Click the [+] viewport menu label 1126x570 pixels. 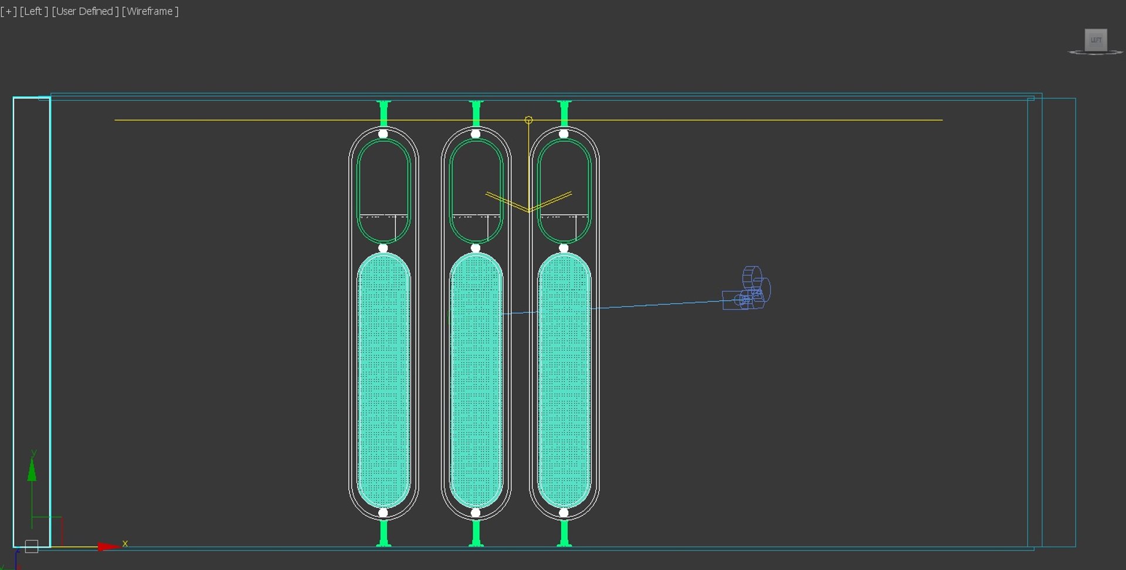click(x=9, y=12)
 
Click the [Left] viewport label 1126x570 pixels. click(x=33, y=12)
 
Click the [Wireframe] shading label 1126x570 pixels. click(x=150, y=12)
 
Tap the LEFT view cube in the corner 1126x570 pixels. click(x=1096, y=40)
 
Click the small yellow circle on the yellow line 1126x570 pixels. click(x=528, y=120)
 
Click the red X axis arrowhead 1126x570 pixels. click(x=108, y=547)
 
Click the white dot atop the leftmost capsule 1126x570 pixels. click(x=383, y=134)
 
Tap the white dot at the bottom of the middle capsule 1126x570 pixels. click(x=476, y=513)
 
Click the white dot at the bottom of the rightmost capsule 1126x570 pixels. click(x=564, y=513)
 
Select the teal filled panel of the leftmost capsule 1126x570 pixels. click(x=384, y=381)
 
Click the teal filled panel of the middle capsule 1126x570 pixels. click(x=476, y=381)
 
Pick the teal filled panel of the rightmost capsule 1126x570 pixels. click(x=564, y=381)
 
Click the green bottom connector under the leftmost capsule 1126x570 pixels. click(x=384, y=534)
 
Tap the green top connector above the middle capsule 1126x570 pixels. click(x=476, y=113)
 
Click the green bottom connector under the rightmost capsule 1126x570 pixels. click(x=564, y=534)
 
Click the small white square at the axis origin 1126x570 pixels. click(x=32, y=547)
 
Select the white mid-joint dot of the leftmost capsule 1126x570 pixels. click(x=383, y=248)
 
